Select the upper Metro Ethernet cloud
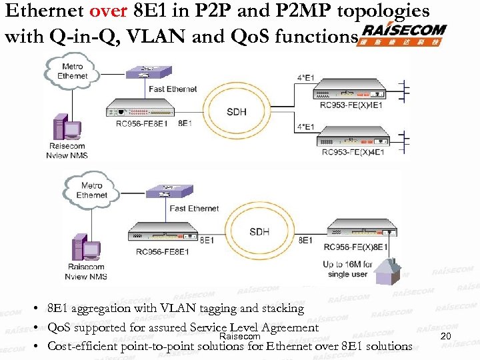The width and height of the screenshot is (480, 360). coord(71,71)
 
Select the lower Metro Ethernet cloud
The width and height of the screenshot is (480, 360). coord(91,190)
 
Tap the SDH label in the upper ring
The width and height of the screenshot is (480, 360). coord(236,111)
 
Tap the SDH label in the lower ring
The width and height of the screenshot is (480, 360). coord(259,231)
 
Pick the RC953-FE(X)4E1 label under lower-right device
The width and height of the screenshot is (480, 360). coord(353,153)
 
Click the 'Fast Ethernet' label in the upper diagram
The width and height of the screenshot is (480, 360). coord(173,89)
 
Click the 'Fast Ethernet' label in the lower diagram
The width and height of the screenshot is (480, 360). coord(194,209)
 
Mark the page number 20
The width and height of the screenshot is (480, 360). coord(446,336)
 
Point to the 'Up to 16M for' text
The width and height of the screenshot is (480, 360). coord(347,265)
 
